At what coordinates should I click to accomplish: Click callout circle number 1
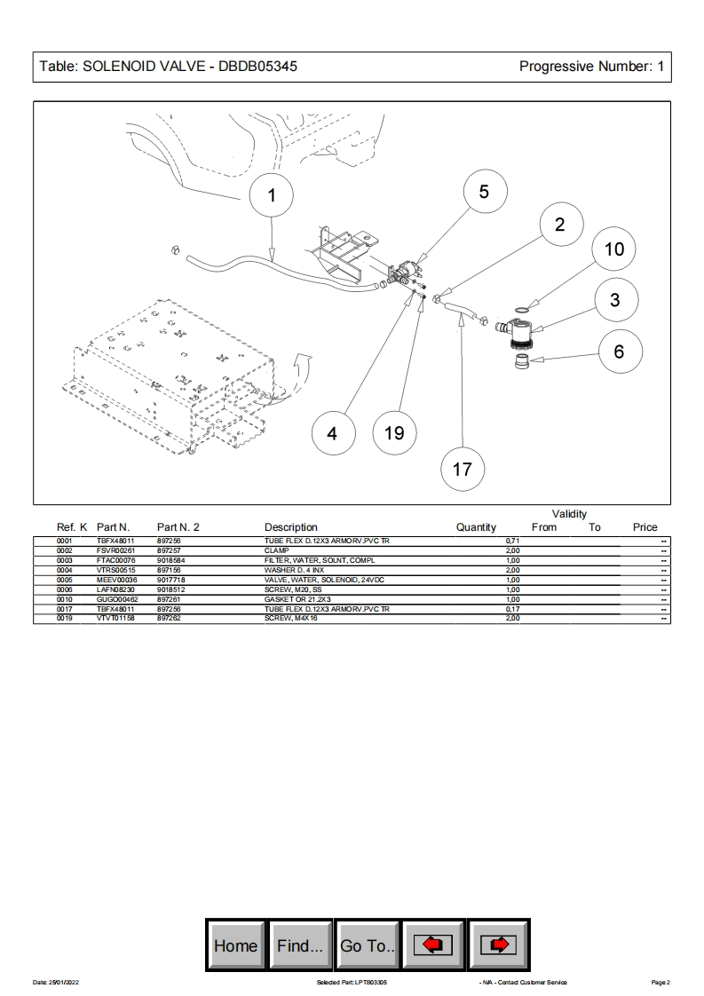272,196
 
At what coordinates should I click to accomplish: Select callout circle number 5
484,193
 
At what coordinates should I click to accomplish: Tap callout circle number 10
614,249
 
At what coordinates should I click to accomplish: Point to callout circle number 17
463,468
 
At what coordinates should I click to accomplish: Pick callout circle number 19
394,432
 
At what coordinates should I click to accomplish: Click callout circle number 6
619,352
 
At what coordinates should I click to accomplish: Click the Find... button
300,945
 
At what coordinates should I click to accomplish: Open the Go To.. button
368,945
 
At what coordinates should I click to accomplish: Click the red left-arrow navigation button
433,945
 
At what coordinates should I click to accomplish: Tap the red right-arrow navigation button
500,945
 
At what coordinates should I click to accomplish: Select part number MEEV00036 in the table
117,580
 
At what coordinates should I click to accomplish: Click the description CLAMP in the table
277,550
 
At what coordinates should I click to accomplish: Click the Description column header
290,527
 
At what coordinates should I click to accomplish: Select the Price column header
645,527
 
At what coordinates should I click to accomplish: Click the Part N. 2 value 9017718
170,580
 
